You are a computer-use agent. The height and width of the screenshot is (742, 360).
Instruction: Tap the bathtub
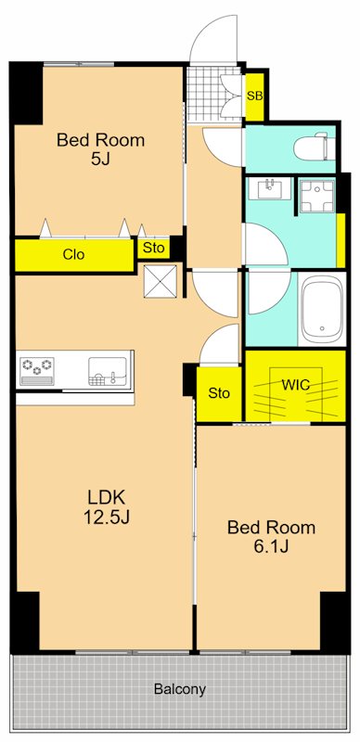(322, 309)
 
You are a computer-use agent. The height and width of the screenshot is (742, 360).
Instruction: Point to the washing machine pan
(317, 195)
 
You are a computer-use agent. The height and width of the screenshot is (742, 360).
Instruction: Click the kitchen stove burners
(36, 372)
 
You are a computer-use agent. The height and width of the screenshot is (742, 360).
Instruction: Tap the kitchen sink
(108, 372)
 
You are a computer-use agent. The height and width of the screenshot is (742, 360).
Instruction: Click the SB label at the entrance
(255, 96)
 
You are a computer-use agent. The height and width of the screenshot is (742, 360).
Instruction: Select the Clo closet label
(74, 254)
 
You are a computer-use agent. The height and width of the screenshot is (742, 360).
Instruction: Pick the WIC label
(296, 384)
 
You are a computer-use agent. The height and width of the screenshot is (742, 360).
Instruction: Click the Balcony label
(180, 689)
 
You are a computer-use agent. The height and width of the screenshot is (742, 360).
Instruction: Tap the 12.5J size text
(107, 518)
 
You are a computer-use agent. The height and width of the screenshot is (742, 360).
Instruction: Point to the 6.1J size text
(271, 546)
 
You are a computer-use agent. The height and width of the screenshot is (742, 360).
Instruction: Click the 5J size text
(100, 160)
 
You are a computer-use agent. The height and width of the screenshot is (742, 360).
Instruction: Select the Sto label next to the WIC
(219, 392)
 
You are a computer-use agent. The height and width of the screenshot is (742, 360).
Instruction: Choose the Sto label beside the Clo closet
(153, 248)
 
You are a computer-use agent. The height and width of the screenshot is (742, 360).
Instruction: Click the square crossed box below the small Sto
(161, 282)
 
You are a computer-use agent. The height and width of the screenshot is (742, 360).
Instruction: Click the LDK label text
(107, 497)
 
